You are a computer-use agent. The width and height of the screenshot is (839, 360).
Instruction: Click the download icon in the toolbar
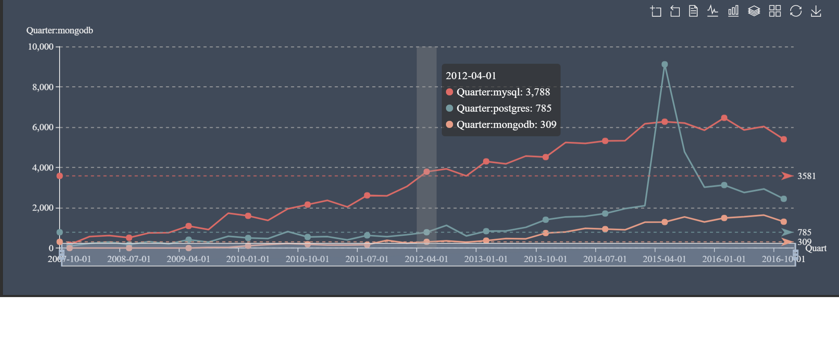point(816,11)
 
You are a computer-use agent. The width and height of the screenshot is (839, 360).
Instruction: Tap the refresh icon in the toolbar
point(796,11)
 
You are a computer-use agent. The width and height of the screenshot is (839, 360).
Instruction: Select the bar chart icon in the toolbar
point(733,11)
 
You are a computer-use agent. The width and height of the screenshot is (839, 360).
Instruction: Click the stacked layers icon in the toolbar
point(754,11)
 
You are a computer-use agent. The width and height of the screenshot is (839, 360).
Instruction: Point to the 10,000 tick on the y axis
point(41,47)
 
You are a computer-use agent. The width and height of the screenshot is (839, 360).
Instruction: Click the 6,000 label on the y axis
point(43,127)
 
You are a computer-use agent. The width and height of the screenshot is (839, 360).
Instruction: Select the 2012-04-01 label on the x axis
point(426,259)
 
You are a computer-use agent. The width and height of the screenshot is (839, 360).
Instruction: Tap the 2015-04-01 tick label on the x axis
point(664,259)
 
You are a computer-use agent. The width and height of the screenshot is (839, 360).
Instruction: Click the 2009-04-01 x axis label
point(188,259)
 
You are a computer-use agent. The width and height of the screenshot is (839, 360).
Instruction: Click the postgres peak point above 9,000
point(665,65)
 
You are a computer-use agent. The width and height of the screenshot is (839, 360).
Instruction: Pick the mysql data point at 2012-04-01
point(426,172)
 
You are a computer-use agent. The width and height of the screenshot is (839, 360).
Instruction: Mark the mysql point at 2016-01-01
point(724,118)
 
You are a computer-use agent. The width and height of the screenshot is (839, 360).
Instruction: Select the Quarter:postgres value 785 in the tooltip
point(543,108)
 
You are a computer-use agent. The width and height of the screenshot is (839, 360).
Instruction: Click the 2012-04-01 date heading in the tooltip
point(471,76)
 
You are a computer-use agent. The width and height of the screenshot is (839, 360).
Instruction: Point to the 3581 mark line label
point(806,176)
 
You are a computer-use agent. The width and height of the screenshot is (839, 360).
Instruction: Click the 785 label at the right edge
point(804,232)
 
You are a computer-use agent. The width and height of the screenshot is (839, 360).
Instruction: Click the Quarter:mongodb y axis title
point(60,30)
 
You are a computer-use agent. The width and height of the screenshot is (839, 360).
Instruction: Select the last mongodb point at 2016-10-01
point(784,222)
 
